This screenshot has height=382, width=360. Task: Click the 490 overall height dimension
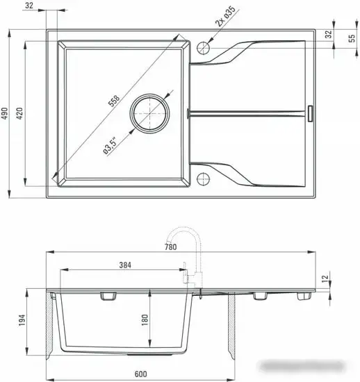[x=5, y=114]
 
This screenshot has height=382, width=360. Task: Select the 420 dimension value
[x=21, y=114]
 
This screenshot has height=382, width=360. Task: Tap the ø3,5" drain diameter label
[x=108, y=146]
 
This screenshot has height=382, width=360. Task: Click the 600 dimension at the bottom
[x=142, y=375]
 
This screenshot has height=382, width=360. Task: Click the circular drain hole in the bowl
[x=150, y=113]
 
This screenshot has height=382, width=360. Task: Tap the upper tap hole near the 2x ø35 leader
[x=203, y=48]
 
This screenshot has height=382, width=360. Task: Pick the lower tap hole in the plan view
[x=203, y=178]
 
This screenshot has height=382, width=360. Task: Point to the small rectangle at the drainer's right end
[x=310, y=113]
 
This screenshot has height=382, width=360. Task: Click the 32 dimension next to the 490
[x=28, y=5]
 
